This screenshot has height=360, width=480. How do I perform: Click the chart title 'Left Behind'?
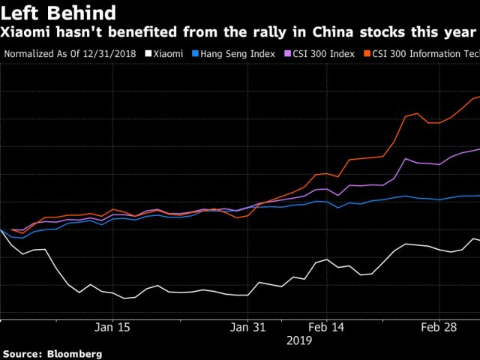(58, 13)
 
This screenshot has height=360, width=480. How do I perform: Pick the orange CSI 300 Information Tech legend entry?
(424, 54)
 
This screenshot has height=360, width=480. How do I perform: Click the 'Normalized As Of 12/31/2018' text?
(71, 54)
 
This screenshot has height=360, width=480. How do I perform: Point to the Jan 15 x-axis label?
(113, 327)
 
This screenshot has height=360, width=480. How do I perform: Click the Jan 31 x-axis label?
(248, 327)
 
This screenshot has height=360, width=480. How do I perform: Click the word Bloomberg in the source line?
(74, 353)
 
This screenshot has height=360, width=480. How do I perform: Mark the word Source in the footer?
(22, 353)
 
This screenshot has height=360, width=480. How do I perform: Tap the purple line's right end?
(478, 149)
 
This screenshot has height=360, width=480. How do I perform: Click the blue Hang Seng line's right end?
(478, 196)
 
